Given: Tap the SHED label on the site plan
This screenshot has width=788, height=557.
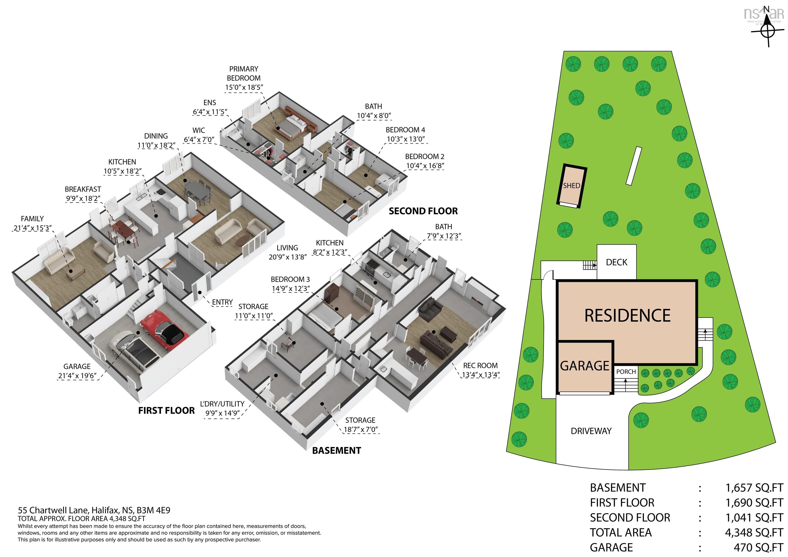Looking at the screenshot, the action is tap(572, 186).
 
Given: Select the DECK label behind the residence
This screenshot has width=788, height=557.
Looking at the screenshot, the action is tap(616, 262).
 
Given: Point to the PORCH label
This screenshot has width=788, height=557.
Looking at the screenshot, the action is tap(626, 372).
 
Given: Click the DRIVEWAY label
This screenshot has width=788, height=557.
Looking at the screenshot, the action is tap(591, 431).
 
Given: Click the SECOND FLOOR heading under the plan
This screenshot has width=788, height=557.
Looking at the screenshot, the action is tap(423, 211).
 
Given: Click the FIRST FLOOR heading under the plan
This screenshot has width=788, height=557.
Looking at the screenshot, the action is tap(166, 411).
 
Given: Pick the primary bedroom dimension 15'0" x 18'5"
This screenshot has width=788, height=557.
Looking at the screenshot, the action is tap(244, 87).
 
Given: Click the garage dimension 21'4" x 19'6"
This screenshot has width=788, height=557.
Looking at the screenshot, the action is tap(77, 376).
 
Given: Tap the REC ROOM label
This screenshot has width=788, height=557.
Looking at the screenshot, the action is tap(480, 365).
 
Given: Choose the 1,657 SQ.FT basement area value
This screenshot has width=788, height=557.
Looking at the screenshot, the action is tap(754, 488).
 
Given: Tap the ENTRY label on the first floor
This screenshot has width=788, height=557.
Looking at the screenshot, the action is tap(222, 302).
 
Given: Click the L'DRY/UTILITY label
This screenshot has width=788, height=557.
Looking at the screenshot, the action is tap(222, 404).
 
